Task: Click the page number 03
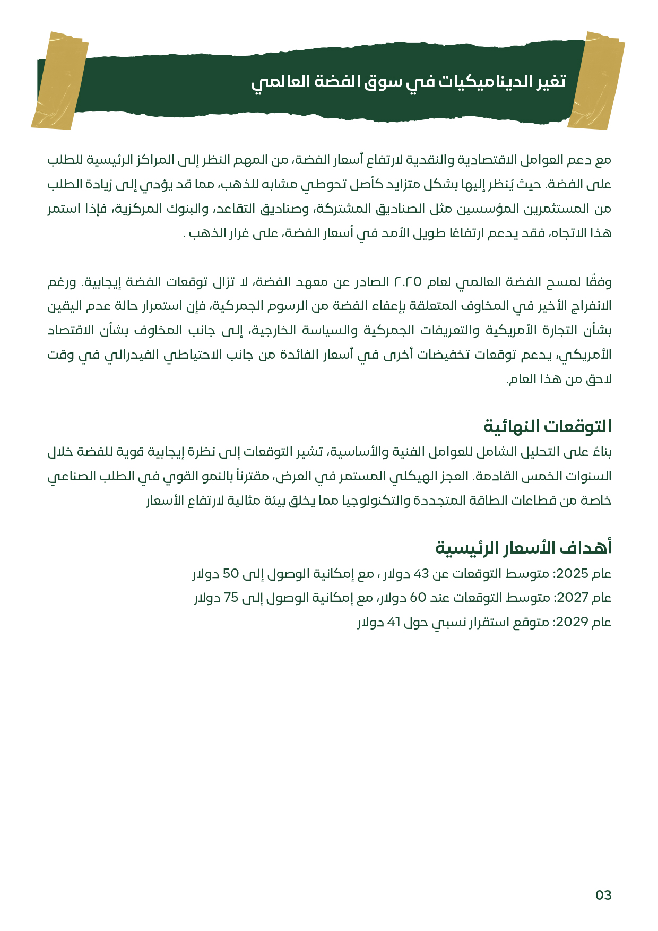pyautogui.click(x=603, y=895)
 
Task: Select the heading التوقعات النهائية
pyautogui.click(x=547, y=426)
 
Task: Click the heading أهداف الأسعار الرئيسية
pyautogui.click(x=523, y=547)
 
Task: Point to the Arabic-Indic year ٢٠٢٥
pyautogui.click(x=407, y=281)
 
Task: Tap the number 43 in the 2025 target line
pyautogui.click(x=421, y=574)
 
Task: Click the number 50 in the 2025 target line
pyautogui.click(x=231, y=574)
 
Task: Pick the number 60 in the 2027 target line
pyautogui.click(x=418, y=598)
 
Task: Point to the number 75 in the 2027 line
pyautogui.click(x=231, y=598)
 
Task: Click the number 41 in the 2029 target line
pyautogui.click(x=393, y=622)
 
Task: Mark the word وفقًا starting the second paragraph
pyautogui.click(x=599, y=281)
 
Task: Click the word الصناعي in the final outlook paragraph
pyautogui.click(x=68, y=476)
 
